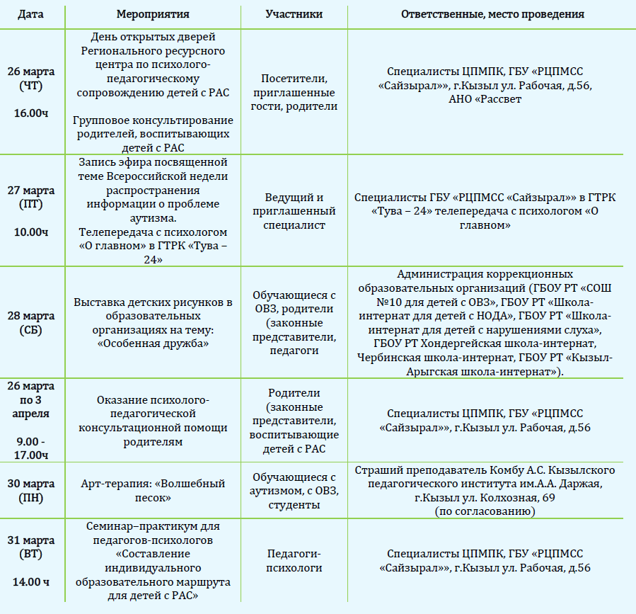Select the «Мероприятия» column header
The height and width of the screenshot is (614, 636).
153,14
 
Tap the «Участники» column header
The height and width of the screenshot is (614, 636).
294,14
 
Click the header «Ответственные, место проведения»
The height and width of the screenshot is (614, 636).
492,14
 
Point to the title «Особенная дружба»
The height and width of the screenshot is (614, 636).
153,343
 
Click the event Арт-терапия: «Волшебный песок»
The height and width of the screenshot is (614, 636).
153,491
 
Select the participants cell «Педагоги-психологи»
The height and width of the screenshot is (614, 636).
294,560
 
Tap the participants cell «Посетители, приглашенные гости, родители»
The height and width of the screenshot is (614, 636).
294,92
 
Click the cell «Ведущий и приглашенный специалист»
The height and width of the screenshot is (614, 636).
294,211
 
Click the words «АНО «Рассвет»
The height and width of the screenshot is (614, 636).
485,99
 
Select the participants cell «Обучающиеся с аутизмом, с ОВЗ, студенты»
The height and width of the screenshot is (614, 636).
294,491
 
